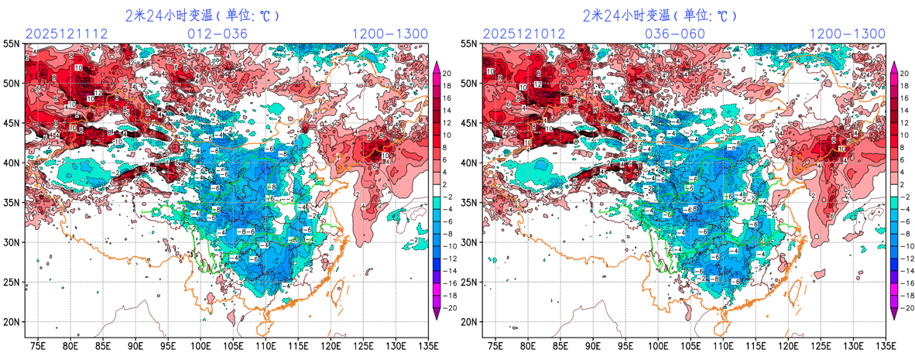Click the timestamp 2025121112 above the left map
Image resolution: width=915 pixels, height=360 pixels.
click(65, 34)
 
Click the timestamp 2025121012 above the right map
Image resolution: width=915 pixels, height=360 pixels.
click(523, 34)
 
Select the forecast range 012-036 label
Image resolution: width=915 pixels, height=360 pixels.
click(218, 34)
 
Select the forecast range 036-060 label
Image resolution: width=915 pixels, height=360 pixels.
click(674, 34)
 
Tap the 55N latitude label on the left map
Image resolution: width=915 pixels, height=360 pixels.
click(12, 44)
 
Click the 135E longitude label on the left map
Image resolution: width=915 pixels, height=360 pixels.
click(428, 345)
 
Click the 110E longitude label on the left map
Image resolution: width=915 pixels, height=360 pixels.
click(266, 345)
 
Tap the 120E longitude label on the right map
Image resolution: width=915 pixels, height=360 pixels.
click(788, 345)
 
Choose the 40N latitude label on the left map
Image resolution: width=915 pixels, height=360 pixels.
click(12, 163)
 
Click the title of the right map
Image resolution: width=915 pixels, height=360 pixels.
click(660, 15)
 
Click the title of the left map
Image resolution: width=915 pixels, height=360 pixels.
click(203, 15)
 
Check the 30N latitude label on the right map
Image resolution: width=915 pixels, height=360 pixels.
click(469, 242)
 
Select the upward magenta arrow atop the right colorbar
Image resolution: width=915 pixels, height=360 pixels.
click(894, 67)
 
